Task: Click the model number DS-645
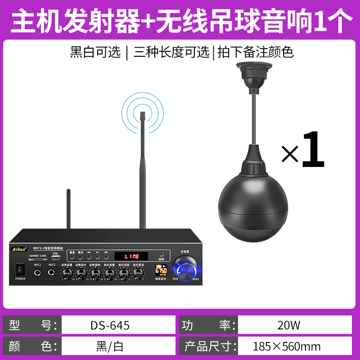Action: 110,325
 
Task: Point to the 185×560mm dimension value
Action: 287,346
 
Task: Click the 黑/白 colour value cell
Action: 110,346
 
